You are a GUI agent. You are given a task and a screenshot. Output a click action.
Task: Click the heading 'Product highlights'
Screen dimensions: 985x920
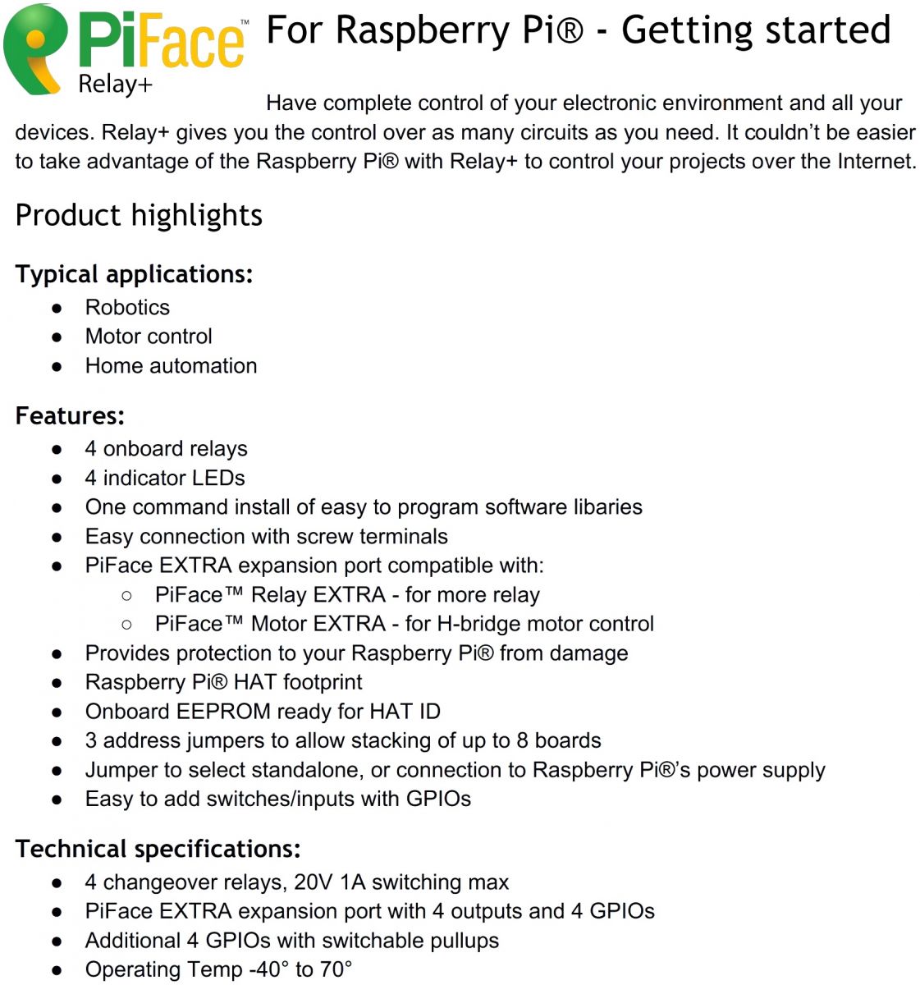click(139, 215)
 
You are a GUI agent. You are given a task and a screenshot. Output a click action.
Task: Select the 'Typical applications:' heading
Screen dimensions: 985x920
click(134, 274)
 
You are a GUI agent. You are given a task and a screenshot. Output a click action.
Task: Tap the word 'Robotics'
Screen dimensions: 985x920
click(127, 307)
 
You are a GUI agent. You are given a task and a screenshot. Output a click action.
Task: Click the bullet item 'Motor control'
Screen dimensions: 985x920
click(149, 337)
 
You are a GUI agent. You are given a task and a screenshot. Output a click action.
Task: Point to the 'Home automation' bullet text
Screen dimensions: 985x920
click(171, 365)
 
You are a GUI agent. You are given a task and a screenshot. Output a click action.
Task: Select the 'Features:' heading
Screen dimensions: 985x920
click(70, 415)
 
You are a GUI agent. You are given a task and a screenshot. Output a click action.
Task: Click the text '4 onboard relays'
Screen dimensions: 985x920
click(166, 449)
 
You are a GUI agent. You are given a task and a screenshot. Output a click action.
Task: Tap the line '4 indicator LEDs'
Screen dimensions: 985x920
click(165, 478)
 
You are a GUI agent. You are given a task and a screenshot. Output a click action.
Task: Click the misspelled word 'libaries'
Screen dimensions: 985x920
click(607, 506)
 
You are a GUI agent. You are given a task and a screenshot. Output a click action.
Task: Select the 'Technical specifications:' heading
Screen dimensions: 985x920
click(158, 849)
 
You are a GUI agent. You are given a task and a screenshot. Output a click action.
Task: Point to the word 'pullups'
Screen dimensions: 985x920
click(465, 941)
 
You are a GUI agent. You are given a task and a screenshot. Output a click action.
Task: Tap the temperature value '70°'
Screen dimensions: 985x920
click(336, 969)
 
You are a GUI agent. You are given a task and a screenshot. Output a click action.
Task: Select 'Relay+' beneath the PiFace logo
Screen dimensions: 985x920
click(115, 84)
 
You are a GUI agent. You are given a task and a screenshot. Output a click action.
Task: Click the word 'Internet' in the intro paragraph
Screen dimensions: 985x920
click(876, 161)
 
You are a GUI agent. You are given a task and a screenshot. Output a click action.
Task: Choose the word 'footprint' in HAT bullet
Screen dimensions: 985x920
click(322, 682)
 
